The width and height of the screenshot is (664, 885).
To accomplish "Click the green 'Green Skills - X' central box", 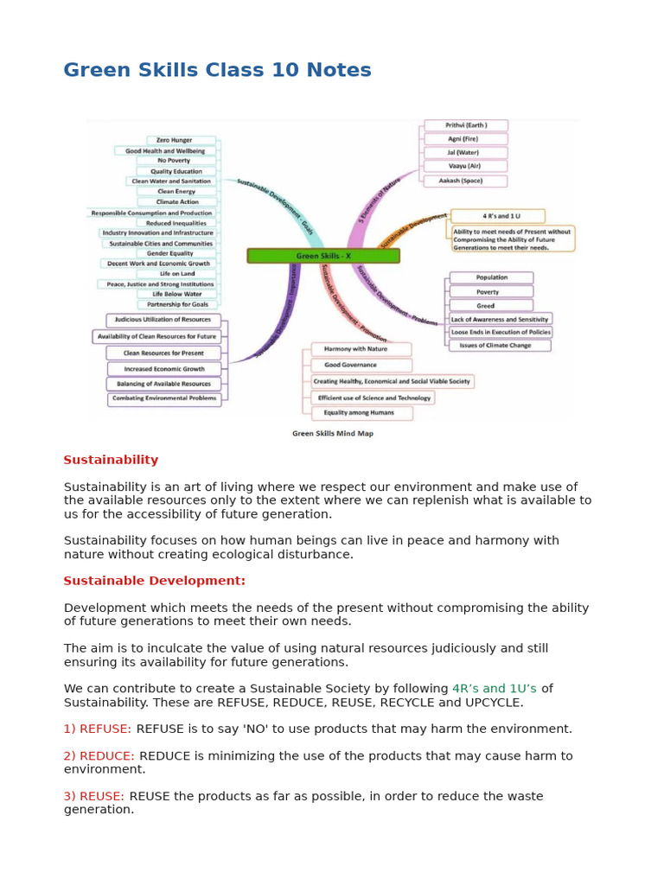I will pos(323,256).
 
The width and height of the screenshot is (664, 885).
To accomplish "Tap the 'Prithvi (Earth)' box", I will pos(465,125).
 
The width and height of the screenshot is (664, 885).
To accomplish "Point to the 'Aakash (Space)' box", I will pos(465,181).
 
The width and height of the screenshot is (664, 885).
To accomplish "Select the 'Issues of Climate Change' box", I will pos(499,346).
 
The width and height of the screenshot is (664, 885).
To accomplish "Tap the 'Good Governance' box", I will pos(350,365).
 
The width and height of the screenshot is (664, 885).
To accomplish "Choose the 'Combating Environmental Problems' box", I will pos(164,399).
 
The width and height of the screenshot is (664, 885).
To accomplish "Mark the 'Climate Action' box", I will pos(177,202).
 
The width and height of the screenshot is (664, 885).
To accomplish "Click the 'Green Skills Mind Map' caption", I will pos(333,434).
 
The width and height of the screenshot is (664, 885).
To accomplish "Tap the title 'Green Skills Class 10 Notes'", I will pos(217,71).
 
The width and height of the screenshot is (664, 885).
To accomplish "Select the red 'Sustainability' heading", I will pos(111,460).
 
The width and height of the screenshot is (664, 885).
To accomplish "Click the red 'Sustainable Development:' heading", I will pos(154,581).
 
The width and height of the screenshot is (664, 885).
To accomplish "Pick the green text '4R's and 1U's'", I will pos(494,689).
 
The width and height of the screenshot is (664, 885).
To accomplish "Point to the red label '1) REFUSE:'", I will pos(97,729).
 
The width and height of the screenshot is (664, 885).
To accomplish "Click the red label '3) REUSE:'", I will pos(93,796).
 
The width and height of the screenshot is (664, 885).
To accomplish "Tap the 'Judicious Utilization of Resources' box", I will pos(163,320).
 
